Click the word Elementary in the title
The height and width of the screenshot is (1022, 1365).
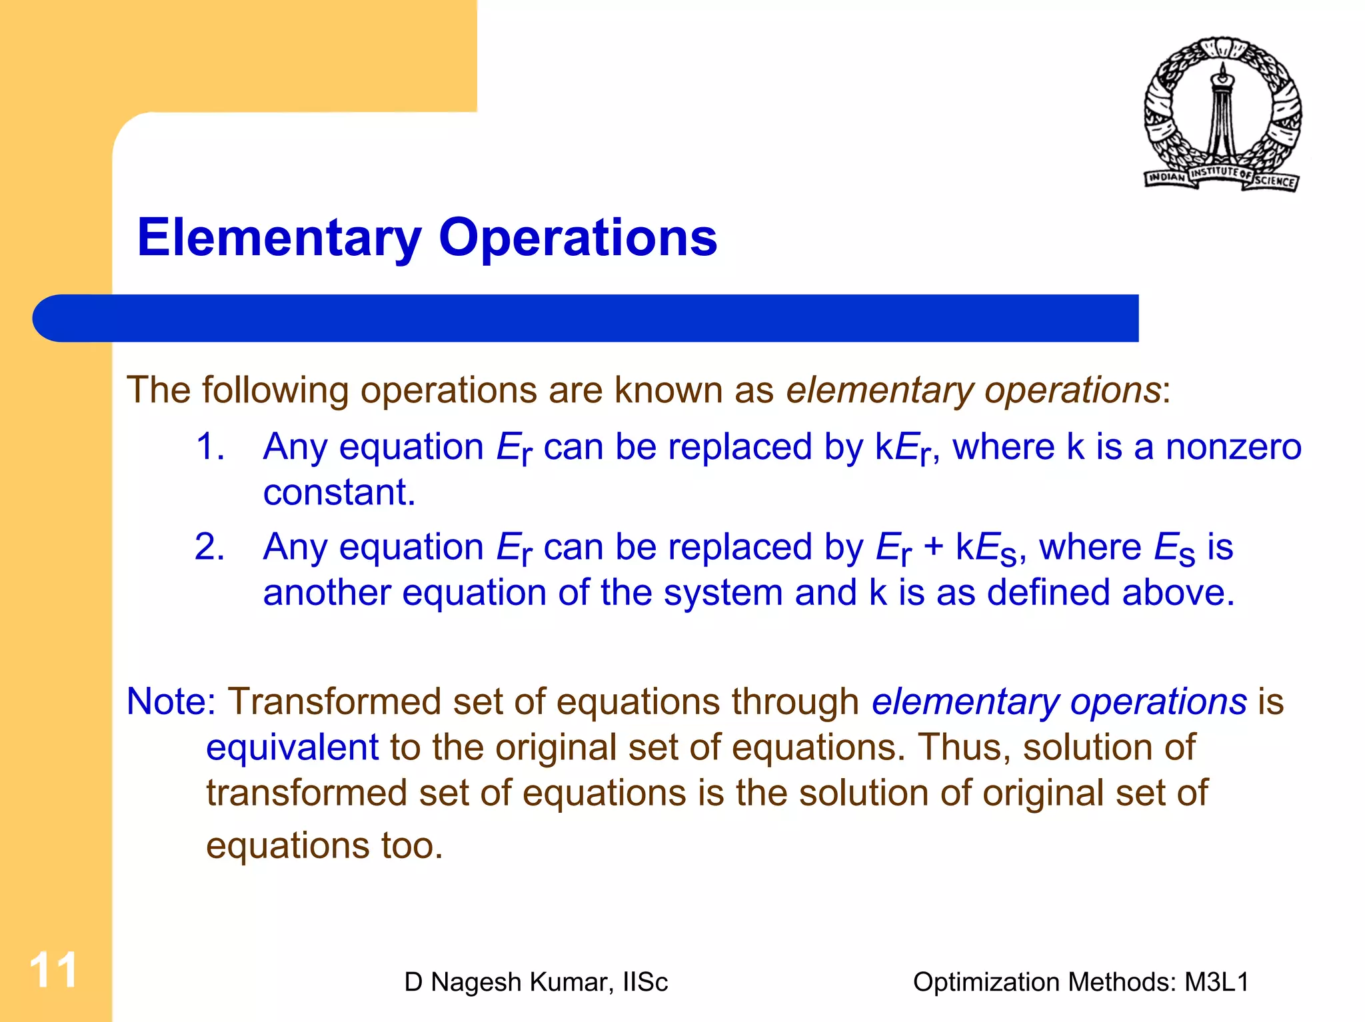279,238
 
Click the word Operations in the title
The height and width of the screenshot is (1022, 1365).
577,238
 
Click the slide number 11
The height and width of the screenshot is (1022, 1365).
53,970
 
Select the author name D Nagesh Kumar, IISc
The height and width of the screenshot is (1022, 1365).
536,982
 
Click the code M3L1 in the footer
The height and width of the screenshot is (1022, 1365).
1216,982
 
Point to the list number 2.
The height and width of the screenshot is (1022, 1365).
209,547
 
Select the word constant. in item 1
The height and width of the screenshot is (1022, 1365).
339,492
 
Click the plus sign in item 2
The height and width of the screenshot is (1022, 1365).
933,547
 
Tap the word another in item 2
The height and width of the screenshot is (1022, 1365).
327,592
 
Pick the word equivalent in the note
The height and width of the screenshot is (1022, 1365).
292,747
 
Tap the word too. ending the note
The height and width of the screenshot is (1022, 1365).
412,845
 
